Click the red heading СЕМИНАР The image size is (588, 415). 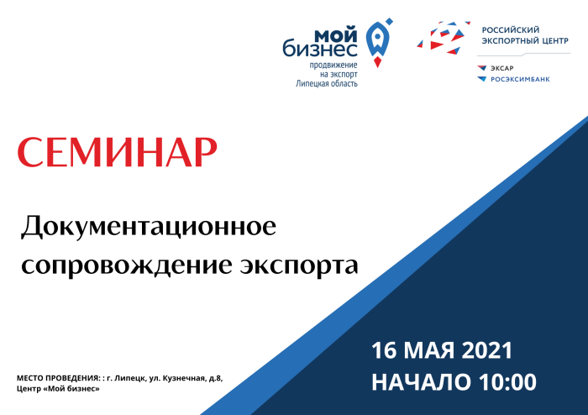point(118,152)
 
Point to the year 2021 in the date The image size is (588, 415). point(486,350)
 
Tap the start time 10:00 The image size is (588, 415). point(507,382)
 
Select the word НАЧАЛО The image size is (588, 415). point(421,382)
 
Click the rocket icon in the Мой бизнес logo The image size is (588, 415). point(379,42)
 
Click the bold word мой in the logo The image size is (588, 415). point(336,35)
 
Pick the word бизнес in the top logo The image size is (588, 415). point(320,50)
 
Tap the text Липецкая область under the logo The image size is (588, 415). point(326,83)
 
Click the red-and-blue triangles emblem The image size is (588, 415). point(444,38)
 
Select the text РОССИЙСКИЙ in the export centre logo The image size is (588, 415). point(511,30)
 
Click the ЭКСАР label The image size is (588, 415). point(501,68)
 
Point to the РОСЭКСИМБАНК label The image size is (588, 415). point(520,79)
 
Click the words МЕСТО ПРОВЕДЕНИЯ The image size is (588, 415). point(58,378)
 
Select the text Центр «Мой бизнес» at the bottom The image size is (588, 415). point(58,389)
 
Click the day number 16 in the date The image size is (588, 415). point(384,350)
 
